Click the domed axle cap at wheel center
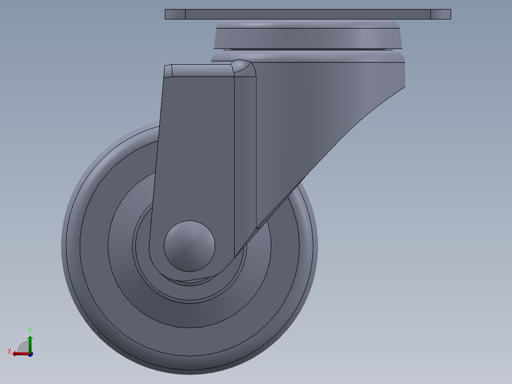[x=190, y=246]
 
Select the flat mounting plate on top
[x=308, y=14]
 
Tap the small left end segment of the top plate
[x=175, y=14]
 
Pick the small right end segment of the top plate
[x=440, y=14]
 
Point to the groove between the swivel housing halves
[x=309, y=50]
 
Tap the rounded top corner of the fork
[x=243, y=67]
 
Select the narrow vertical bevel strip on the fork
[x=245, y=152]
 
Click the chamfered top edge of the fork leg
[x=199, y=70]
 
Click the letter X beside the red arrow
[x=9, y=351]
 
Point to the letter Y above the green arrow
[x=29, y=330]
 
